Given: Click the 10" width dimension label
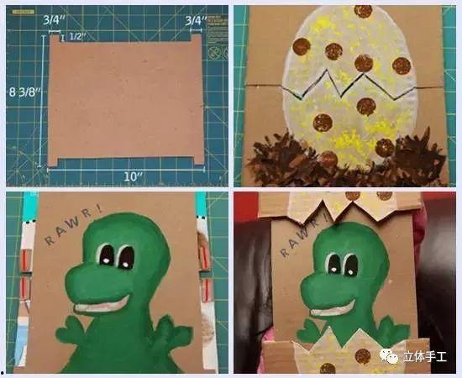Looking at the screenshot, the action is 133,176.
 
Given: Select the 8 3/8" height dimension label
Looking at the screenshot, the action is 24,92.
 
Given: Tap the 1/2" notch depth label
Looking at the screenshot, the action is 78,36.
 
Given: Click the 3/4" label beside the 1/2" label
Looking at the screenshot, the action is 55,20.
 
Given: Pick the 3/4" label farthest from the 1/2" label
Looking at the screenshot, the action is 196,21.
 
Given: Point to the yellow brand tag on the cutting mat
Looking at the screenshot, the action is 24,12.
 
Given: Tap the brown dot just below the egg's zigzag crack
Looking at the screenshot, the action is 366,107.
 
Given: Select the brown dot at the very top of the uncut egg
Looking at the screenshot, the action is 363,12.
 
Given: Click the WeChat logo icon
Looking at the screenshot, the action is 389,356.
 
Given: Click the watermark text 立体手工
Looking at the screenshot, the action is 424,356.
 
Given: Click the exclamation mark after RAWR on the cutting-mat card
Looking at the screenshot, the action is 99,209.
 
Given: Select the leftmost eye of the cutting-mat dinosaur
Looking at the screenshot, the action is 107,255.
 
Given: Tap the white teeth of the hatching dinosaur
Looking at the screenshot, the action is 332,310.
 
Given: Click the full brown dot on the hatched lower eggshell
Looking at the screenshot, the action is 363,356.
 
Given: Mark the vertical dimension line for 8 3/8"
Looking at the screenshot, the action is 41,101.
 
